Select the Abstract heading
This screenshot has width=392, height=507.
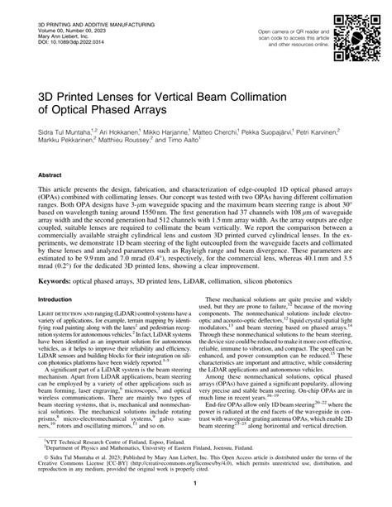point(49,175)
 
